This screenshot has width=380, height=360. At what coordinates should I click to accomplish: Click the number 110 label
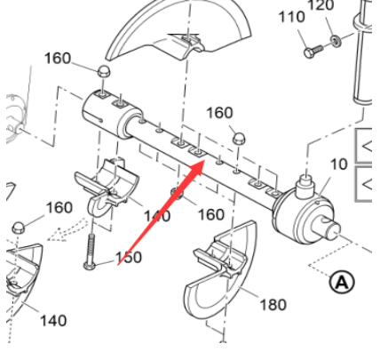click(x=291, y=19)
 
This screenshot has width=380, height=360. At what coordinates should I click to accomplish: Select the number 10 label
click(x=339, y=164)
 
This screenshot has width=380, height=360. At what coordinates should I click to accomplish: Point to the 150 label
click(x=129, y=257)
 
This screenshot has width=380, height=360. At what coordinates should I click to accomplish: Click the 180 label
click(x=273, y=305)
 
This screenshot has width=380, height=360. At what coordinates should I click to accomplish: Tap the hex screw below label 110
click(x=312, y=52)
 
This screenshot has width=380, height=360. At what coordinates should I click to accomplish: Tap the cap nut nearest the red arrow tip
click(x=237, y=138)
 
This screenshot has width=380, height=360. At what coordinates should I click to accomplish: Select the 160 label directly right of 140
click(x=210, y=214)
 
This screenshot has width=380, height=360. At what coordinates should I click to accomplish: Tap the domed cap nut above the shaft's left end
click(x=103, y=70)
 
